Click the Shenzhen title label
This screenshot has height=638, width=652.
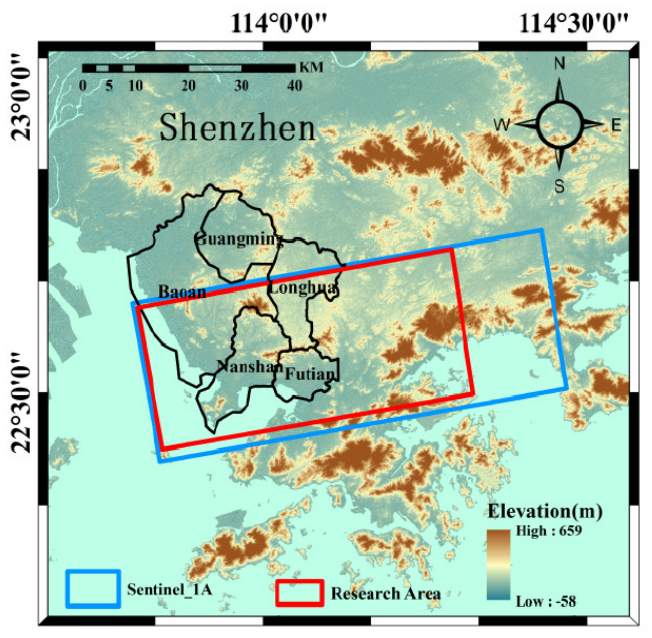237,127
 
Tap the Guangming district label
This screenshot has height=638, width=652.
239,239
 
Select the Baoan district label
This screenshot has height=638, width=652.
182,292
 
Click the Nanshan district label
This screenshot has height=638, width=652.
250,366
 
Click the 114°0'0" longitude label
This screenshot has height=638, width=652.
279,23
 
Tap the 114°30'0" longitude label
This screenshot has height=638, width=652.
573,23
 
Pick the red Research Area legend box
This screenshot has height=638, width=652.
300,593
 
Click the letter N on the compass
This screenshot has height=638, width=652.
559,63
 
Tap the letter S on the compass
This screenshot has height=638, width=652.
559,186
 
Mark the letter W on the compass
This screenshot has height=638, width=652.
502,125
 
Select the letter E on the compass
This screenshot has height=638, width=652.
616,125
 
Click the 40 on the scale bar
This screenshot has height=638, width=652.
294,86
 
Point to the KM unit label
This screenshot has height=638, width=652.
311,68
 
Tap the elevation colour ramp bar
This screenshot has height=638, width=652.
498,565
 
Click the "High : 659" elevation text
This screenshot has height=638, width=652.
548,531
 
